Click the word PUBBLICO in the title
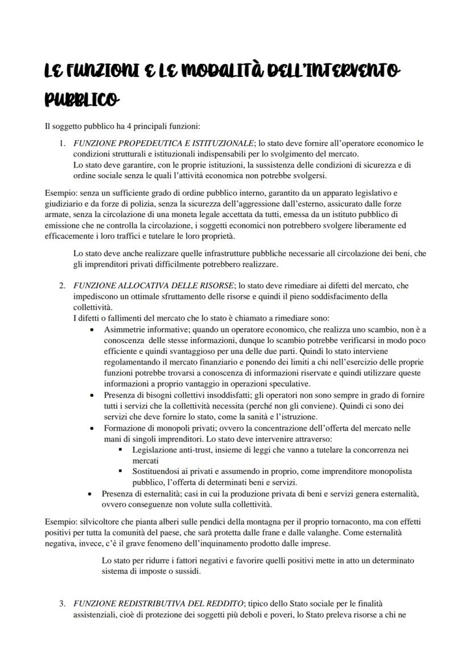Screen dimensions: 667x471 [x=82, y=100]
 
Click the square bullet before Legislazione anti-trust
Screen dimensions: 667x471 [x=121, y=449]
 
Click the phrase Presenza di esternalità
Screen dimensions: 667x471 [x=145, y=493]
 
